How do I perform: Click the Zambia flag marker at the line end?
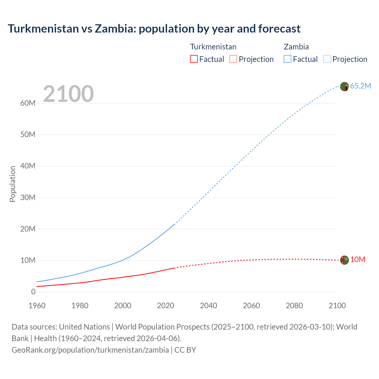pos(344,87)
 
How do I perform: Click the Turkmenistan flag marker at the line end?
pos(344,260)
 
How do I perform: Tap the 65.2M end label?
pos(360,86)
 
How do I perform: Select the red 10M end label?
pos(358,260)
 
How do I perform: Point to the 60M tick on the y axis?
pos(28,103)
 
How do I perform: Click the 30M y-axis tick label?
pos(28,197)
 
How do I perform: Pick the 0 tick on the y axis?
pos(33,292)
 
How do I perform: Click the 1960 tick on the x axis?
pos(37,306)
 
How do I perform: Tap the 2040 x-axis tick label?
pos(208,306)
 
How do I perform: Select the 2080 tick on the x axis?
pos(294,306)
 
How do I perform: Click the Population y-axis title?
pos(12,184)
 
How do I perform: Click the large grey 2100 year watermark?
pos(68,94)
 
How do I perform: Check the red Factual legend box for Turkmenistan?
pos(194,59)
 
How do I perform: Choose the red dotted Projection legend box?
pos(233,59)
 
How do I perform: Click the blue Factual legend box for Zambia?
pos(288,59)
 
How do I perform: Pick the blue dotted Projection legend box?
pos(327,59)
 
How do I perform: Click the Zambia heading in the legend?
pos(296,47)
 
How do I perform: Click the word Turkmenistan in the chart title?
pos(43,29)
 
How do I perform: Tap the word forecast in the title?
pos(279,29)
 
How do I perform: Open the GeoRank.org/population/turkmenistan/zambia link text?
pos(90,350)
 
